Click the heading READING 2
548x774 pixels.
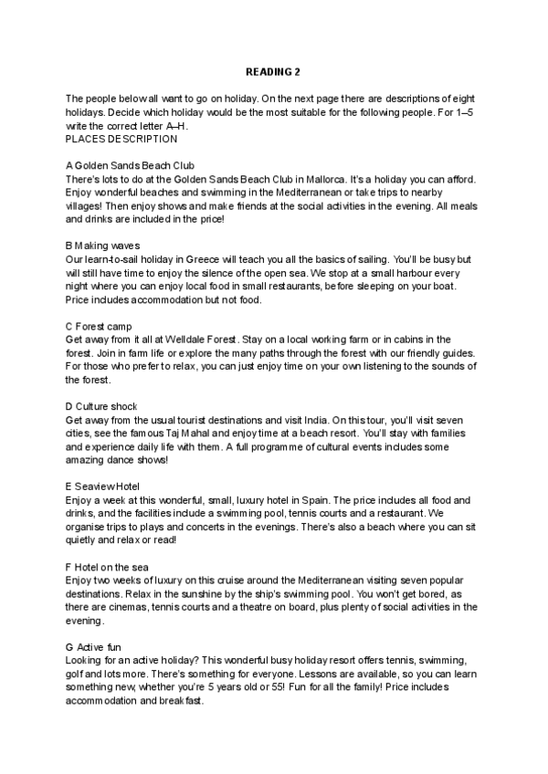point(273,70)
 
